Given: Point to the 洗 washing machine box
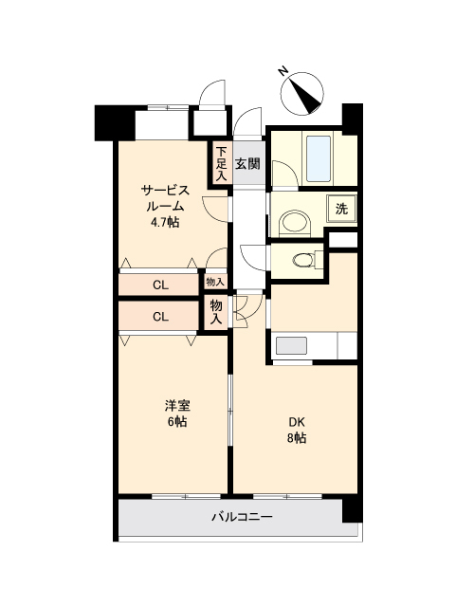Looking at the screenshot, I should pyautogui.click(x=339, y=209).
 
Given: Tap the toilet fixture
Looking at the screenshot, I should pyautogui.click(x=303, y=260).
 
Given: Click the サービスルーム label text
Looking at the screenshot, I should pyautogui.click(x=164, y=197).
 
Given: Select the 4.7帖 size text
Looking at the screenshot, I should pyautogui.click(x=164, y=223).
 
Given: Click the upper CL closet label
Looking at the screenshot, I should pyautogui.click(x=161, y=283).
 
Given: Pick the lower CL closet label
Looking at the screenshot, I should pyautogui.click(x=161, y=317).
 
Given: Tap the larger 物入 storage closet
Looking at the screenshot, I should pyautogui.click(x=217, y=313).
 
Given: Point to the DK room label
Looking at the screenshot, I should pyautogui.click(x=297, y=422).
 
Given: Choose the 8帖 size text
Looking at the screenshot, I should pyautogui.click(x=297, y=438).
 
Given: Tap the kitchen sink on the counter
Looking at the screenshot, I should pyautogui.click(x=292, y=345).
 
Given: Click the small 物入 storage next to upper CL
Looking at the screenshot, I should pyautogui.click(x=215, y=282).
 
